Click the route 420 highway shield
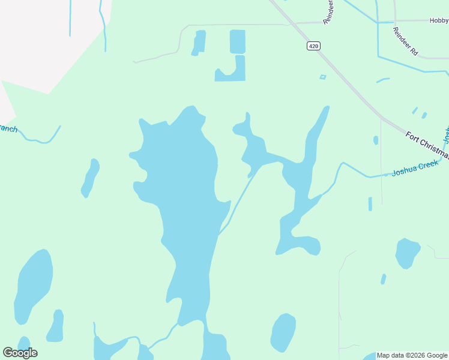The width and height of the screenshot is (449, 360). (x=313, y=46)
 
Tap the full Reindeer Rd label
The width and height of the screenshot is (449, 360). (x=405, y=41)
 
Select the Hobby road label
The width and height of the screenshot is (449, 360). (x=439, y=20)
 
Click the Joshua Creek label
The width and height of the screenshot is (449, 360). (x=415, y=167)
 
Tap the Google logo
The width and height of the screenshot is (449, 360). (x=20, y=352)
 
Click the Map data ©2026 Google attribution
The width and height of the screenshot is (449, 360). (x=412, y=355)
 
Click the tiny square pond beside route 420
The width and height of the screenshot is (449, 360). (x=323, y=77)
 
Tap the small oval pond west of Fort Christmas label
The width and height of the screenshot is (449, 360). (x=376, y=140)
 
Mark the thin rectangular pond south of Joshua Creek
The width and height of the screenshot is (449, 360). (x=370, y=204)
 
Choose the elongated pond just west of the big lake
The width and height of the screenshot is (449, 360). (x=90, y=178)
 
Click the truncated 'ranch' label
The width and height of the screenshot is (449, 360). (x=8, y=128)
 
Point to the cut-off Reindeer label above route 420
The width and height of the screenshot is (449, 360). (x=328, y=12)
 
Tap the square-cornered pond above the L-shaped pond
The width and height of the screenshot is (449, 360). (x=238, y=41)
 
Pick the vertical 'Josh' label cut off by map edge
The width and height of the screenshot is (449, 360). (x=446, y=135)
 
